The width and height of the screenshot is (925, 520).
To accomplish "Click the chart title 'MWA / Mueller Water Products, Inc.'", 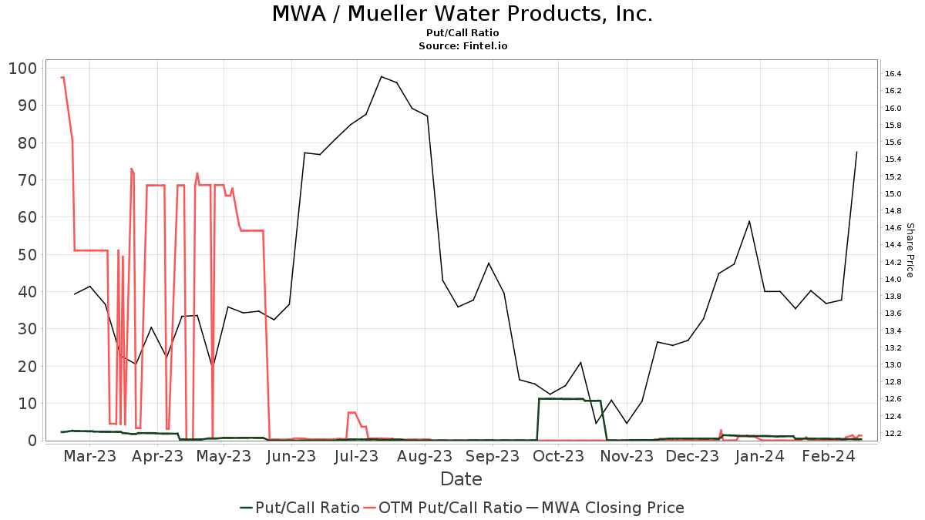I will [462, 14].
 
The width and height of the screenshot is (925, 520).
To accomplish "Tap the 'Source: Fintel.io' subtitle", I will [462, 46].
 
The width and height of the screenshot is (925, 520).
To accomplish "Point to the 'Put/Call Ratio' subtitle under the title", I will [462, 33].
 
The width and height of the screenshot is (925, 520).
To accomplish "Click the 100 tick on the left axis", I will [22, 69].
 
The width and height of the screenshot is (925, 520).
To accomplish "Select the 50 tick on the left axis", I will [27, 255].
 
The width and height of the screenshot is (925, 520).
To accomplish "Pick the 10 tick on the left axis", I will [27, 404].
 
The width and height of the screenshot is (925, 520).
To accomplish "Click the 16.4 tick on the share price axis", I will [893, 74].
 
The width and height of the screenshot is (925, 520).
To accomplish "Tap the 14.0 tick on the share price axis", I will [893, 280].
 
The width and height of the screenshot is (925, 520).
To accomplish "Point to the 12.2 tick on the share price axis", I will [893, 434].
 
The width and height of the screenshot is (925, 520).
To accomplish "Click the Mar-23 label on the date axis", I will [90, 457].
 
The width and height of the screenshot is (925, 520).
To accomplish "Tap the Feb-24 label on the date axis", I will [827, 457].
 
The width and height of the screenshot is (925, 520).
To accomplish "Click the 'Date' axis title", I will [461, 479].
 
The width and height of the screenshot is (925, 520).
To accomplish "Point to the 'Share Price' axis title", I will [910, 250].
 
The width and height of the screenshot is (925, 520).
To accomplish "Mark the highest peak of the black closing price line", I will [382, 76].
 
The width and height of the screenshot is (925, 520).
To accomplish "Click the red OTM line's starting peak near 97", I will [62, 77].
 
